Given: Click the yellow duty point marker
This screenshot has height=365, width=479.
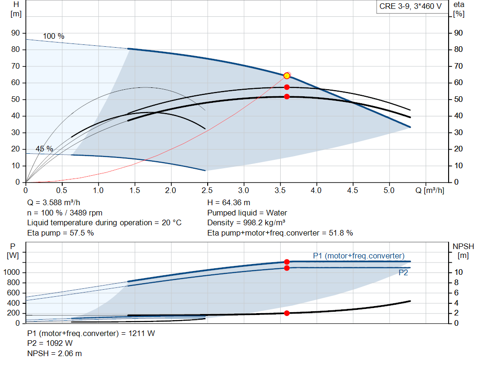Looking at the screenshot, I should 287,76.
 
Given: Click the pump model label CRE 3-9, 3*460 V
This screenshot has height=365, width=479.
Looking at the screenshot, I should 410,7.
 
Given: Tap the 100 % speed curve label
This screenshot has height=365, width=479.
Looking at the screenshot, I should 53,36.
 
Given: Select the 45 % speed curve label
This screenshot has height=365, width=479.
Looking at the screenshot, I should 44,149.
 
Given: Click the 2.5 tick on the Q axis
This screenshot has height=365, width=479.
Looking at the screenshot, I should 207,191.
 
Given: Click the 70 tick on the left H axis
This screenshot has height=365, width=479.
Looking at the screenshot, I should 16,66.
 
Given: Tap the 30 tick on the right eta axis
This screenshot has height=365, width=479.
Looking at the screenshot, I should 458,133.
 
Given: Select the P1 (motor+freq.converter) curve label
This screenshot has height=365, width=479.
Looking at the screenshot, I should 358,256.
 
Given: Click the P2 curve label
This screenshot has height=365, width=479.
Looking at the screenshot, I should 403,273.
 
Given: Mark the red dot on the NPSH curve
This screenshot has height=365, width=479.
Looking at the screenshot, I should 287,313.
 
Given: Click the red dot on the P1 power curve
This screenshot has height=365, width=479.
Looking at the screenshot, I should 287,262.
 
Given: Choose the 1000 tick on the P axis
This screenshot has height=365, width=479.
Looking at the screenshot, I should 12,272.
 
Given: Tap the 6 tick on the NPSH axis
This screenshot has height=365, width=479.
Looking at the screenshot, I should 459,293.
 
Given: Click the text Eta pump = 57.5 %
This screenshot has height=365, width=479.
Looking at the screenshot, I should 60,233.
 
